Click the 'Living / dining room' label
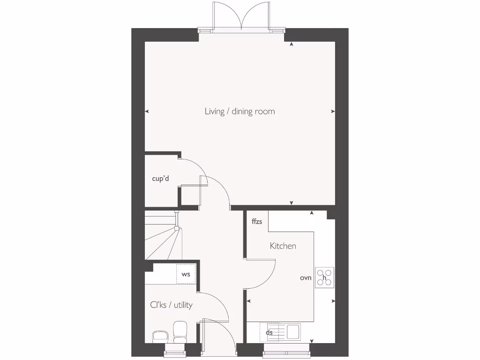click(x=240, y=112)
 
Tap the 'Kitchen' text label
click(x=283, y=246)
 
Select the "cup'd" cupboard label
click(x=160, y=179)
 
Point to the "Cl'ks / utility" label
click(x=171, y=305)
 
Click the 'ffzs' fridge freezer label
click(x=257, y=222)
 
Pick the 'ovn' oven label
click(x=306, y=278)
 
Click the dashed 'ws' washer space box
click(x=186, y=274)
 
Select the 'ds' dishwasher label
click(x=270, y=333)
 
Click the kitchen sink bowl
click(x=293, y=331)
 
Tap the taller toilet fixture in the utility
click(x=180, y=331)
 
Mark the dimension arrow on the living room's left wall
click(x=147, y=112)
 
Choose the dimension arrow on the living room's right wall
click(x=333, y=112)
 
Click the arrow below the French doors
click(x=292, y=45)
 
